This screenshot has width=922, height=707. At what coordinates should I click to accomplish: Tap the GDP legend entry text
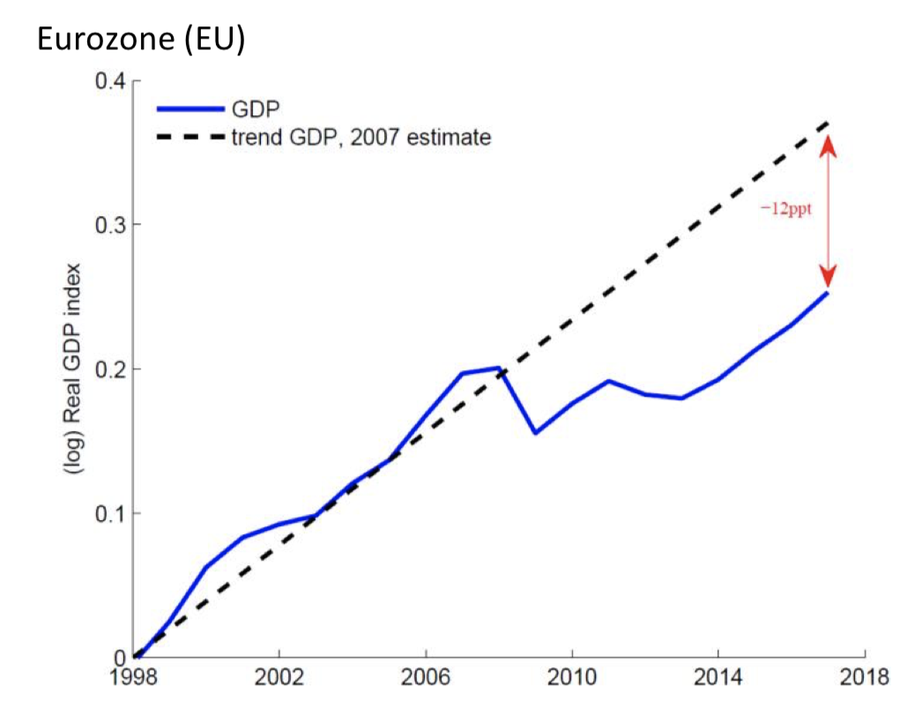255,108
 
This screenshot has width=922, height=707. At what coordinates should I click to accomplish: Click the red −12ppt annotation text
786,209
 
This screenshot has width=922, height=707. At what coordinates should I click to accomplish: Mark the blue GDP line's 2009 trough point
535,433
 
